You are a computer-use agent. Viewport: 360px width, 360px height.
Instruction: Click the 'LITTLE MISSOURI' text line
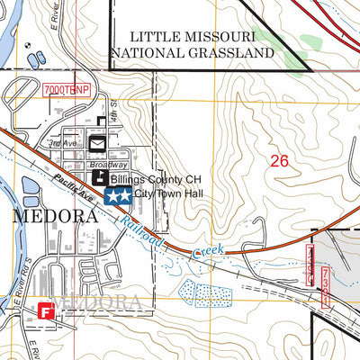[193, 36]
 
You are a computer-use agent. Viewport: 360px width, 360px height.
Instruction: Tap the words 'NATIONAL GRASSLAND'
[193, 53]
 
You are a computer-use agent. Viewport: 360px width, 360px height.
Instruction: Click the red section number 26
[279, 161]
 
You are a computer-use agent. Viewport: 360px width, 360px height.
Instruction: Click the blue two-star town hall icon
[118, 195]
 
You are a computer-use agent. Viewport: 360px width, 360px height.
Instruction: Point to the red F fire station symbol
[46, 311]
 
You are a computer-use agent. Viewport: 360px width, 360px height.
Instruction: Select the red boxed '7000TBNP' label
[67, 90]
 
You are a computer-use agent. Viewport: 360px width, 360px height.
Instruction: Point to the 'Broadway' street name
[107, 166]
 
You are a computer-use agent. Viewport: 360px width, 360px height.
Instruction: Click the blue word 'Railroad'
[143, 232]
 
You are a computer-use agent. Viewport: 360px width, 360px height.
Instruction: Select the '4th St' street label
[114, 112]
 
